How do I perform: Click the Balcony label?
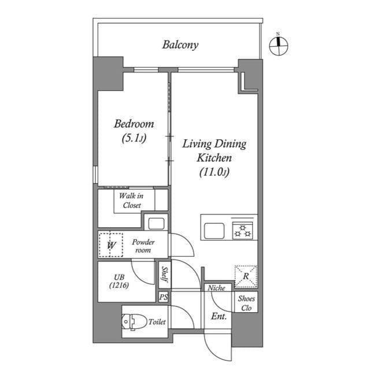[x=180, y=45]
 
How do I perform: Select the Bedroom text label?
[x=134, y=124]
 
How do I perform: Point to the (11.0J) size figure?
[x=214, y=172]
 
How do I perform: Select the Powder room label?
[x=143, y=246]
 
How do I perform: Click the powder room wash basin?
[x=154, y=223]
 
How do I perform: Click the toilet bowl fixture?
[x=132, y=321]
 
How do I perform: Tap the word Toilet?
[x=157, y=322]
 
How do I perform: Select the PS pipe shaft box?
[x=164, y=297]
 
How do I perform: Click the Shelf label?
[x=165, y=274]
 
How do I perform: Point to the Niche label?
[x=217, y=287]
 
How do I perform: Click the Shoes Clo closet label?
[x=246, y=303]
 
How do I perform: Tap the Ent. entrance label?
[x=219, y=316]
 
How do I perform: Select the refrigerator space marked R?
[x=246, y=276]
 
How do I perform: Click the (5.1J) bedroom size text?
[x=134, y=138]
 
